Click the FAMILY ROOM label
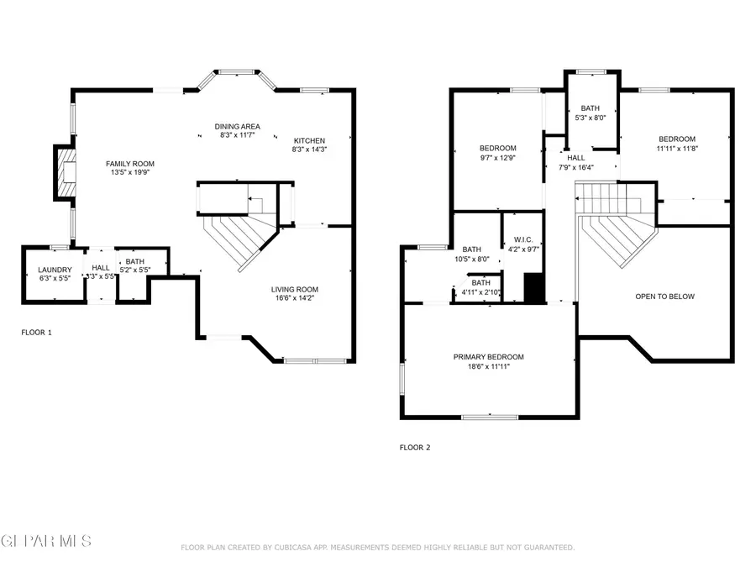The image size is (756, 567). click(x=129, y=164)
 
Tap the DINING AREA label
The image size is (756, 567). click(x=237, y=125)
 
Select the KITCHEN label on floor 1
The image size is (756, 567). click(x=308, y=140)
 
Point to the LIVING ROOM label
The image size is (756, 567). click(x=294, y=290)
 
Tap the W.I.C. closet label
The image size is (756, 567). click(x=521, y=239)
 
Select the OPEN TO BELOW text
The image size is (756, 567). click(x=664, y=297)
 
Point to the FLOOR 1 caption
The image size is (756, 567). click(x=36, y=333)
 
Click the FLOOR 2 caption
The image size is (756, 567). click(x=414, y=448)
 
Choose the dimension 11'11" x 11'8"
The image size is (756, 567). click(x=676, y=149)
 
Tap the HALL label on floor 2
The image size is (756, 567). click(x=575, y=157)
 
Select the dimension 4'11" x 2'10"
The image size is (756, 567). click(x=480, y=293)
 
